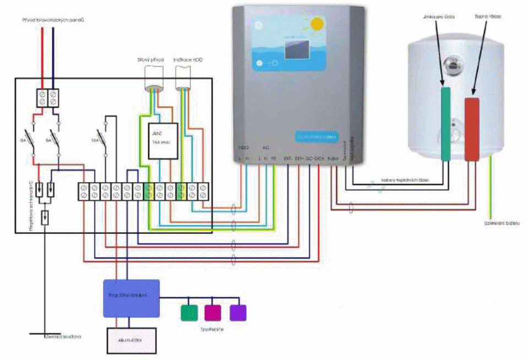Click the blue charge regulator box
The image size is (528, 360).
tap(132, 298)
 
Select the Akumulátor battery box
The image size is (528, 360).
tap(130, 341)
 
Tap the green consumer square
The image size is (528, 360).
tap(189, 313)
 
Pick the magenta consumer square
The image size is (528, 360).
tap(213, 313)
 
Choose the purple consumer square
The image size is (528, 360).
tap(238, 313)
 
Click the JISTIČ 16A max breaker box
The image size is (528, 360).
tap(164, 141)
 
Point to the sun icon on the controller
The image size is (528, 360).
tap(316, 24)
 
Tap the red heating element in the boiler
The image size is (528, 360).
tap(471, 129)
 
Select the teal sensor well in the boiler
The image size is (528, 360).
tap(446, 124)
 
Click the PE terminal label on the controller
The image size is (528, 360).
tap(274, 159)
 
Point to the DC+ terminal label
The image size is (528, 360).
tap(319, 159)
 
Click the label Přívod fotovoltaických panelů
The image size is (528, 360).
tap(53, 20)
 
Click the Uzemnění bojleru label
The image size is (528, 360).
tap(502, 223)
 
